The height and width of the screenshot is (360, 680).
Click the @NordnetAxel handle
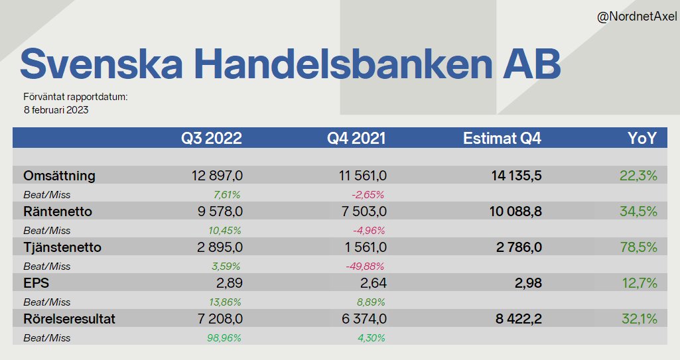636,17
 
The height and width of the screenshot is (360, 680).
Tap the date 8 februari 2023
56,110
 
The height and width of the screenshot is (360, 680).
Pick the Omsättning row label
59,176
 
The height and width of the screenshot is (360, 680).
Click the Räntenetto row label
58,211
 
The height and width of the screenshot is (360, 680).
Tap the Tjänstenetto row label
62,247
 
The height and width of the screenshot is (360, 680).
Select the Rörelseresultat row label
69,319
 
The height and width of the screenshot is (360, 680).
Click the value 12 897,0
217,176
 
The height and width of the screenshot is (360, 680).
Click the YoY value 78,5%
639,247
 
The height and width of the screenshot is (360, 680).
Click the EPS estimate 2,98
528,283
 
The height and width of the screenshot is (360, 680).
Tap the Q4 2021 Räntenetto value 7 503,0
362,211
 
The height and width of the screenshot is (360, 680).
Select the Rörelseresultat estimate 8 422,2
518,319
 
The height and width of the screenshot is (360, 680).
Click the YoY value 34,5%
639,211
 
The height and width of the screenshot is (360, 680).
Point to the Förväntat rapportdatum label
75,97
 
